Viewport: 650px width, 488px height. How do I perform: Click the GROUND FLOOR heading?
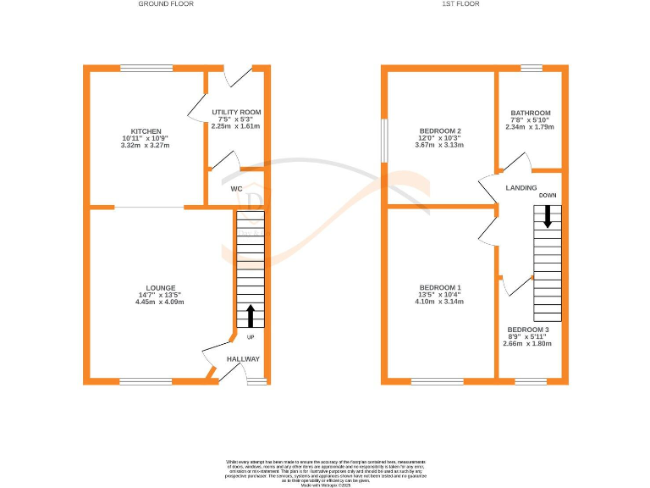point(165,4)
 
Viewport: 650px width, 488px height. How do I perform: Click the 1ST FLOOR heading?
point(460,4)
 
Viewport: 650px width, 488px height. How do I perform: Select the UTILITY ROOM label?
point(236,112)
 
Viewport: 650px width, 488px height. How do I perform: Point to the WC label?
point(237,189)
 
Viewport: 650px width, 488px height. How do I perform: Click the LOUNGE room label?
point(160,288)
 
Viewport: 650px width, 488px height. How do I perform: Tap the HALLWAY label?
point(242,359)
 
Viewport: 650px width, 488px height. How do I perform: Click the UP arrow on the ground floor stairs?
point(251,317)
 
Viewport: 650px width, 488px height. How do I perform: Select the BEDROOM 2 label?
point(440,131)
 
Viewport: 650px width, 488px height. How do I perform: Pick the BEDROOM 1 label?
point(440,288)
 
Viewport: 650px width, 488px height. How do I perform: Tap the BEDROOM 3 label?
point(528,330)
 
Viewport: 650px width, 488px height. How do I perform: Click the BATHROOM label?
point(531,113)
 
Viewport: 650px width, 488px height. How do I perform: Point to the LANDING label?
point(523,187)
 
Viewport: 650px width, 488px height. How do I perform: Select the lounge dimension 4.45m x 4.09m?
point(160,302)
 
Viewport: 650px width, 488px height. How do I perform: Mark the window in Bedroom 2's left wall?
point(384,139)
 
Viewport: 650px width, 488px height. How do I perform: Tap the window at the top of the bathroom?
point(531,68)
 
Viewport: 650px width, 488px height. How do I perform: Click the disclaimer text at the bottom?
point(326,469)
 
